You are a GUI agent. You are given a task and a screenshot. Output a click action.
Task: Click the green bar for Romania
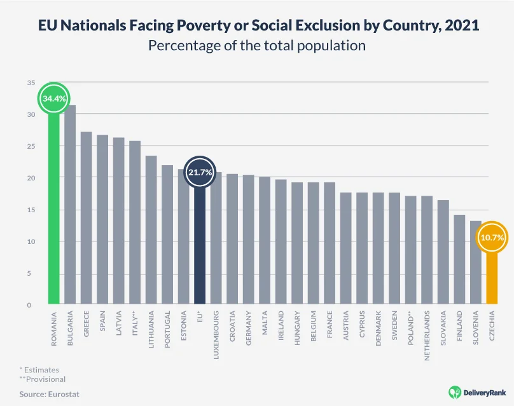53,210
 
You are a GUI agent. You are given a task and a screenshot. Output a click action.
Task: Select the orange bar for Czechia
492,280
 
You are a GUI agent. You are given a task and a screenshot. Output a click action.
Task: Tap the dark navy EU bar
200,248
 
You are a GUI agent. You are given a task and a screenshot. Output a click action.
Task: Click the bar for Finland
459,261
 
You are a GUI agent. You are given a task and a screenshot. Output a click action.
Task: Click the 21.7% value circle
200,172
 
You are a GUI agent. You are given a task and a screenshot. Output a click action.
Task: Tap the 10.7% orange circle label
492,238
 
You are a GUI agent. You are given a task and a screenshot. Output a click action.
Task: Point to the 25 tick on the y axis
30,146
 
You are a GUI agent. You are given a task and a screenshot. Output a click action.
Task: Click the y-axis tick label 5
30,273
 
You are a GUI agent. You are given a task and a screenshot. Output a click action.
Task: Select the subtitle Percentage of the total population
256,46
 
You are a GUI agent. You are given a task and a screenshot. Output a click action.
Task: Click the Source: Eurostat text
49,395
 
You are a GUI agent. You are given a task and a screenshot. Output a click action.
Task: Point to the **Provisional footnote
43,379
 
